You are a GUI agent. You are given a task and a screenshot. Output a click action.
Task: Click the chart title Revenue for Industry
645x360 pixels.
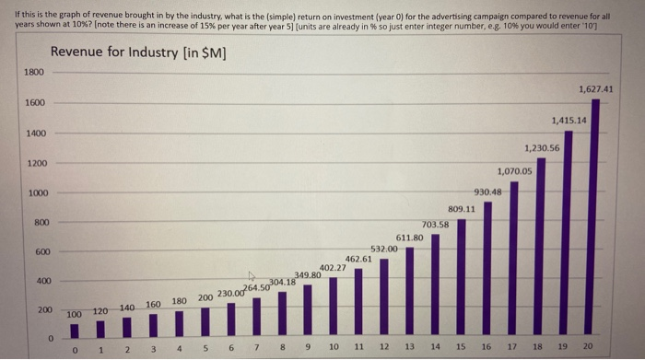(x=137, y=52)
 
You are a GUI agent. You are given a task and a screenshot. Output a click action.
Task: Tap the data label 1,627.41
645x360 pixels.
(x=596, y=89)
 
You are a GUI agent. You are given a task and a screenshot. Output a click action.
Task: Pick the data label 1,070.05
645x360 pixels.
(x=514, y=170)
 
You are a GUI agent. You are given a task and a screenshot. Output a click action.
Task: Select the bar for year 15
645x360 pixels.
(x=462, y=276)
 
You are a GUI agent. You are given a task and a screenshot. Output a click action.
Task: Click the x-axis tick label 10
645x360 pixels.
(x=333, y=347)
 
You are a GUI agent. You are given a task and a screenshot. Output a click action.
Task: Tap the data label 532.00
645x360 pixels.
(x=383, y=249)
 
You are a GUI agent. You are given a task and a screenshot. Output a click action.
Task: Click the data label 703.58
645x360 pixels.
(x=435, y=224)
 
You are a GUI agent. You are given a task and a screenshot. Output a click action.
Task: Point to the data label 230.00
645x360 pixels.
(x=230, y=294)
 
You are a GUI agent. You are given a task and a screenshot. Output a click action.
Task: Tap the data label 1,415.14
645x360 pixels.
(x=569, y=121)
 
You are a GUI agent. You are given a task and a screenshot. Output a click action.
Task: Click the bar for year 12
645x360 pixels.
(x=384, y=296)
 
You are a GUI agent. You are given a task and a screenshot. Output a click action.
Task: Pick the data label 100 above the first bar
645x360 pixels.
(x=74, y=315)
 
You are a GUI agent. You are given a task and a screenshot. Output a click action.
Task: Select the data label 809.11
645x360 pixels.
(x=462, y=208)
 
